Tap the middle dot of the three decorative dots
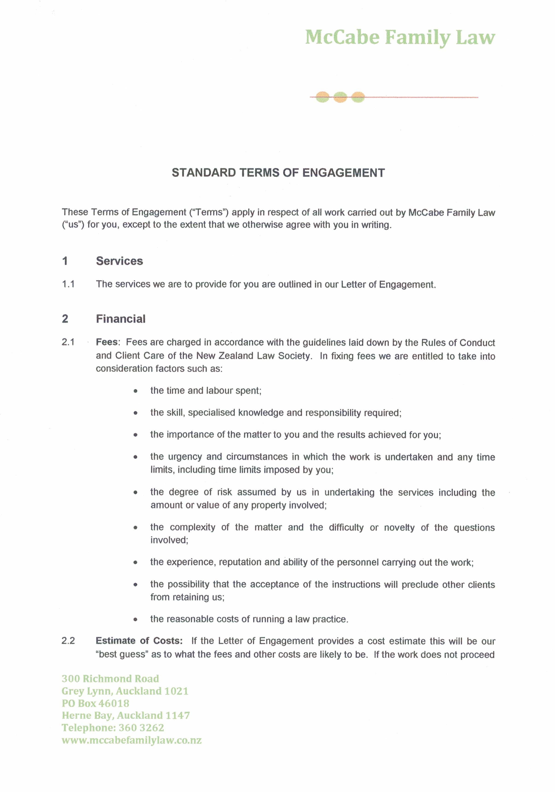(340, 97)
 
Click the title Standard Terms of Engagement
(278, 172)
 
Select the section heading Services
(119, 261)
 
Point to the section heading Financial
(121, 319)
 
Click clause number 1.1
(68, 284)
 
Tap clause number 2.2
(68, 641)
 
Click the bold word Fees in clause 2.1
(107, 342)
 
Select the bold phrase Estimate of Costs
(139, 641)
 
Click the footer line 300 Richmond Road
(110, 679)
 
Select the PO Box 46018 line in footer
(96, 703)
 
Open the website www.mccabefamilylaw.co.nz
(131, 740)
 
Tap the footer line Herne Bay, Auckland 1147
(126, 715)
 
